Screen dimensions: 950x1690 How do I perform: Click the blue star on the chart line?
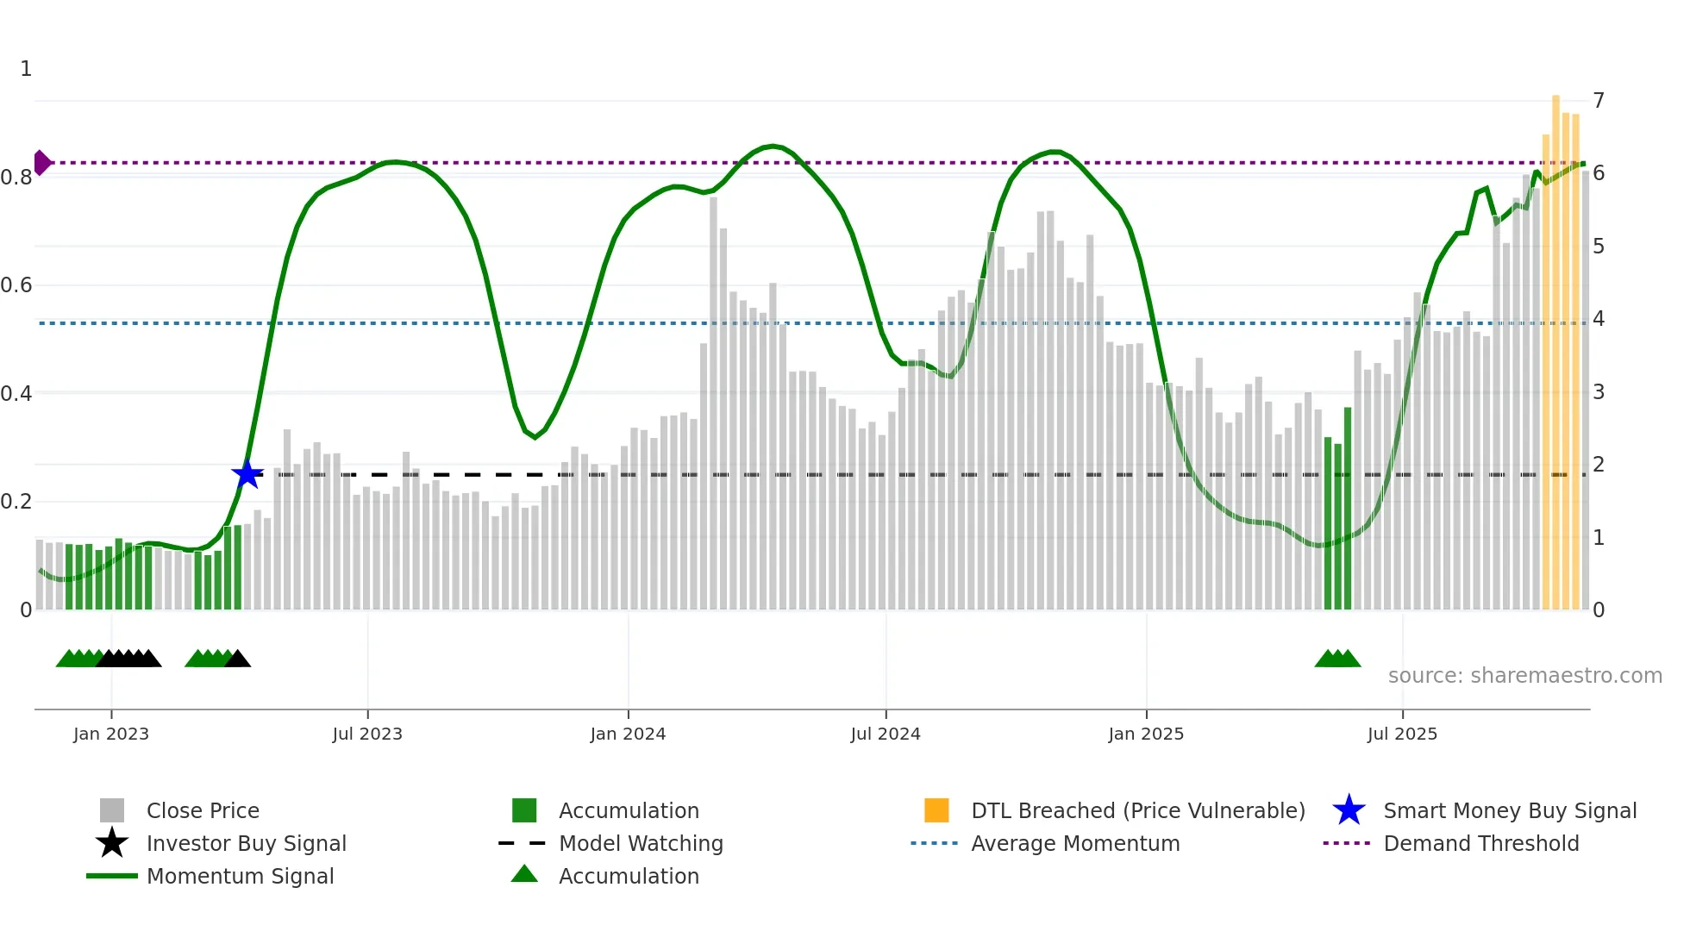247,474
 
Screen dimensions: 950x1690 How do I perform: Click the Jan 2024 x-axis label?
628,734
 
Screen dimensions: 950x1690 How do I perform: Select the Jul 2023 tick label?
367,734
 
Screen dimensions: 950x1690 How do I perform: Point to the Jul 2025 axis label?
1402,734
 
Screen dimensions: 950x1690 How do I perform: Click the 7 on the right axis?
1599,101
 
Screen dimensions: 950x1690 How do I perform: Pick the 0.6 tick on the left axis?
17,285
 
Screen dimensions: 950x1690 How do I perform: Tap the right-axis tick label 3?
1599,392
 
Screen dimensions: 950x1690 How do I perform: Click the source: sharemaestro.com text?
1524,676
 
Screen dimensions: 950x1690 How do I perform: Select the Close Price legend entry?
203,810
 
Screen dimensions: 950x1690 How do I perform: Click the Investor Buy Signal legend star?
112,843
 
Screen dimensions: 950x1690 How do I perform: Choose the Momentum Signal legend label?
240,876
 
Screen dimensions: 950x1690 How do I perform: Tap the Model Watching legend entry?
641,843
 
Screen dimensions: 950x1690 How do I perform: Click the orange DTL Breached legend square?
936,810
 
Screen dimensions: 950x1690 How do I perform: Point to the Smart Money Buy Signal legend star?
1349,810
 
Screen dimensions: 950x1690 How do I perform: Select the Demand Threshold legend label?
1480,843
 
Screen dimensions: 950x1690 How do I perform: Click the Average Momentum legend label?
1075,843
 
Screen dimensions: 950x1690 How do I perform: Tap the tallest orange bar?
1556,345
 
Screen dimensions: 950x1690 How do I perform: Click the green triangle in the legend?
524,874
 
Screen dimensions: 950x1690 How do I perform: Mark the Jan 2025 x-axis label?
1146,734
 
